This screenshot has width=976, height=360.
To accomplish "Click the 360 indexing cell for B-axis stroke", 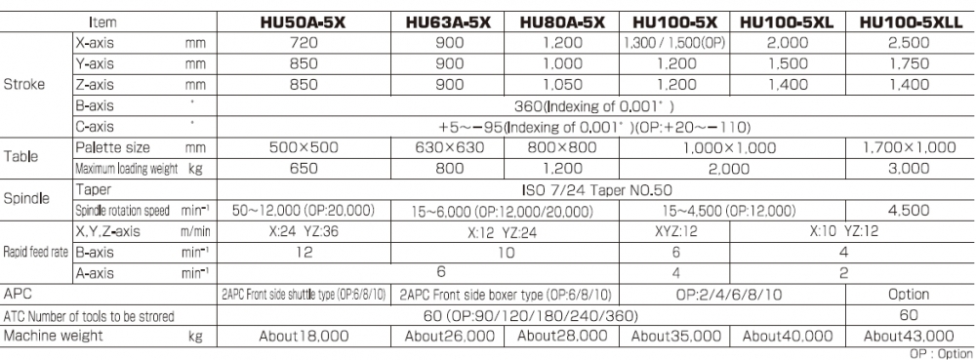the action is coord(597,104).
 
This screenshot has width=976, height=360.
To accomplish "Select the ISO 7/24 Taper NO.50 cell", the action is coord(597,188).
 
